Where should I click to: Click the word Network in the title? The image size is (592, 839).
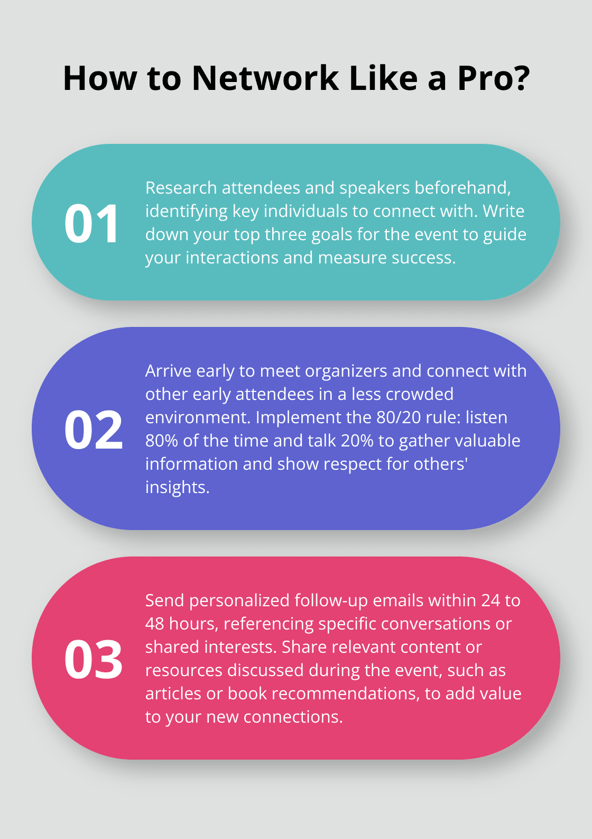pos(265,78)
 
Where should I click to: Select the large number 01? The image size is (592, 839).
pos(91,224)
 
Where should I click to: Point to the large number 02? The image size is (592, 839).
pos(93,429)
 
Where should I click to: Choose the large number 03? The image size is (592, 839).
pos(93,659)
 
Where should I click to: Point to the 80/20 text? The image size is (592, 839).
pos(399,417)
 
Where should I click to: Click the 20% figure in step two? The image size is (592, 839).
pos(357,441)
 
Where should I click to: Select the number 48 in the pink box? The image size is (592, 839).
pos(154,624)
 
